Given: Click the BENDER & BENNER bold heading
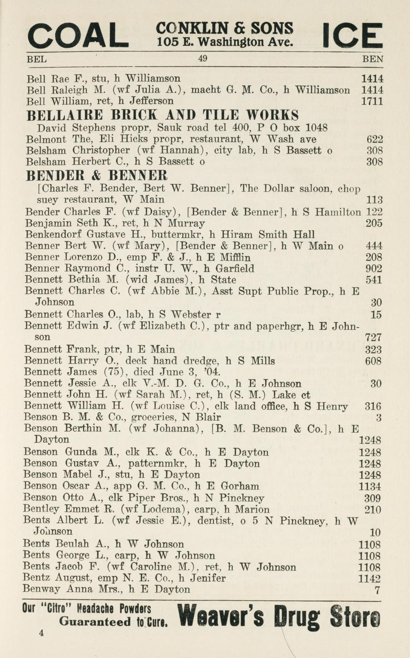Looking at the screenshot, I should [x=97, y=174].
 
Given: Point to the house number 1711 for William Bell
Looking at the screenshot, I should [x=372, y=101].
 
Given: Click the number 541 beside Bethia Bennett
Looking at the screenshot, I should [x=373, y=280].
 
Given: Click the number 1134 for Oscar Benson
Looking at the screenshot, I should [x=369, y=486].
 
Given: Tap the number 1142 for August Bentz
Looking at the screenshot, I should [x=369, y=579].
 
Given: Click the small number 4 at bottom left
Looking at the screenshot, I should [x=42, y=633].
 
